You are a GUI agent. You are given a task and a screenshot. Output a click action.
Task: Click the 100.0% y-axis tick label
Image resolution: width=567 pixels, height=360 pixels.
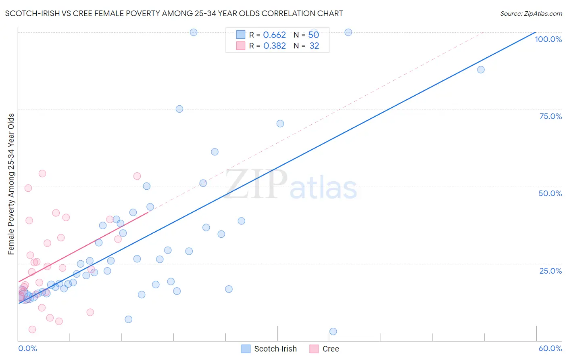(548, 39)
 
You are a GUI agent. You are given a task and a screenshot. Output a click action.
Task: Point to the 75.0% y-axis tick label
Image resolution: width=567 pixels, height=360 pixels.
(550, 116)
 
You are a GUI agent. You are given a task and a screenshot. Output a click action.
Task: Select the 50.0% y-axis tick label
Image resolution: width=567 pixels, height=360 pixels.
(550, 193)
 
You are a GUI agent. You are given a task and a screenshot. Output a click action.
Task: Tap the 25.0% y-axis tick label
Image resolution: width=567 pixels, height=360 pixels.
(550, 271)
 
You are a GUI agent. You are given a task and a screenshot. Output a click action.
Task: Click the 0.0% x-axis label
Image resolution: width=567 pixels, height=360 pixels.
(27, 348)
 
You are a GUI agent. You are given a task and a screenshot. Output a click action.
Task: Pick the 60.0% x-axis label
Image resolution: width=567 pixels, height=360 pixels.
(550, 348)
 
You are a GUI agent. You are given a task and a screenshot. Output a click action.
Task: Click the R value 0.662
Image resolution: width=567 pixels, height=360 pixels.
(274, 35)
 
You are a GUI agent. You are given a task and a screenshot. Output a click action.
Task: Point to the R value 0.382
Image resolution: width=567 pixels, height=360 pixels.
(274, 46)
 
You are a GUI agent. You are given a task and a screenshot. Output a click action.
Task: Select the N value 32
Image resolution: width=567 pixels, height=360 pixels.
(314, 46)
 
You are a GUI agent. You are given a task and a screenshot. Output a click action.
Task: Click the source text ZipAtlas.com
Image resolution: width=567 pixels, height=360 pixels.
(531, 14)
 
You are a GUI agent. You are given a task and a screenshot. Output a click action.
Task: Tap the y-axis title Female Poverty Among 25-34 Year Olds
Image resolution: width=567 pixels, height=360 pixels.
(11, 184)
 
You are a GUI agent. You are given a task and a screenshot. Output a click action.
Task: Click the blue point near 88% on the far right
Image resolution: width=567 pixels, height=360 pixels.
(481, 69)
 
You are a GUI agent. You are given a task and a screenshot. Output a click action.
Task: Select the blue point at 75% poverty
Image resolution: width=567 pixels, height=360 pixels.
(179, 109)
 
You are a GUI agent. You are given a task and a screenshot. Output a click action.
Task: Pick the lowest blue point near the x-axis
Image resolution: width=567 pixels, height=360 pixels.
(333, 331)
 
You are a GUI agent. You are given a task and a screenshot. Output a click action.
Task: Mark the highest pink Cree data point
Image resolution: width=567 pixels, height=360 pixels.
(42, 174)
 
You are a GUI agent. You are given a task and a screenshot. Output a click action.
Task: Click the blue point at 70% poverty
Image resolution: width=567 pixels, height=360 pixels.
(280, 123)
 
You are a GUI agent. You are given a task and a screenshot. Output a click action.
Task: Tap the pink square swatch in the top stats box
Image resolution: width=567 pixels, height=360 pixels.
(241, 46)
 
